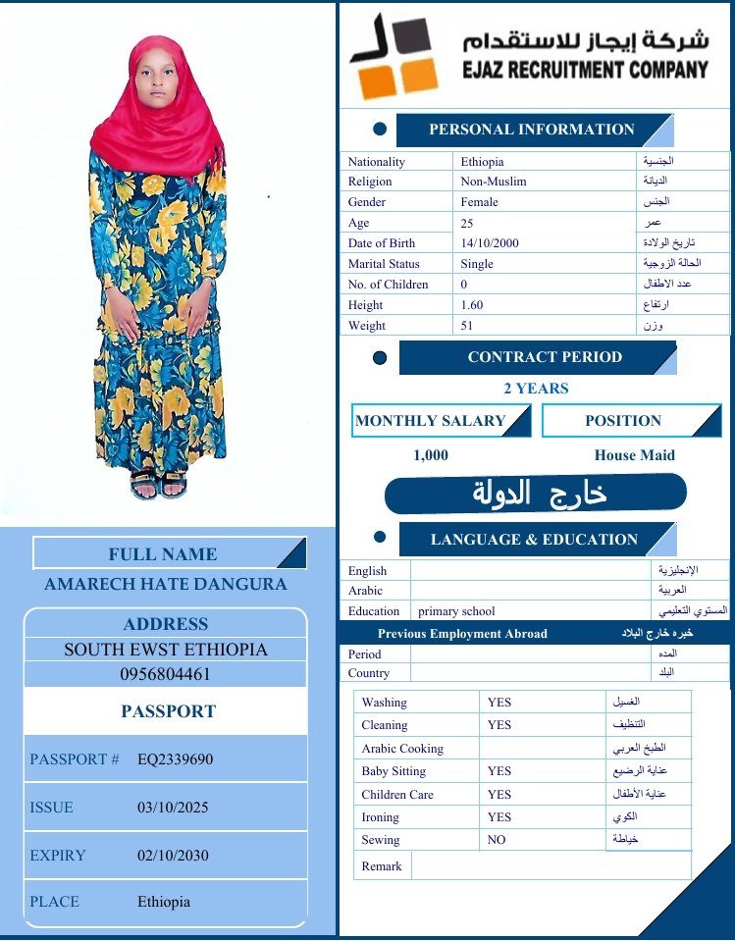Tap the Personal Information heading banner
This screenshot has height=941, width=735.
531,130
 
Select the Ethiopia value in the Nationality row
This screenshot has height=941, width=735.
482,162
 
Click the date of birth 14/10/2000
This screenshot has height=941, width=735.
492,243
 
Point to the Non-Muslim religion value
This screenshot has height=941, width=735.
494,182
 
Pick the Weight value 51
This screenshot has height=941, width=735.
467,326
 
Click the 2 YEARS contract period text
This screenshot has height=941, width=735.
536,389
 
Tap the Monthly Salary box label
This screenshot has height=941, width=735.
430,421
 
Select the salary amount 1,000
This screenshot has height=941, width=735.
431,455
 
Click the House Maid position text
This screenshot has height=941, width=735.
634,455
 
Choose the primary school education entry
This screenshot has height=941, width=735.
456,611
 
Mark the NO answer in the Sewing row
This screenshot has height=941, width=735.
497,841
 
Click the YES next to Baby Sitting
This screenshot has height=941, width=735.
499,772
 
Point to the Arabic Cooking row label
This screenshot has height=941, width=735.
402,749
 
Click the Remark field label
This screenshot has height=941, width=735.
382,866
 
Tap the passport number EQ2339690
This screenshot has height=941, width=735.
176,759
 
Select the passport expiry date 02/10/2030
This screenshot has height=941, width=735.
173,856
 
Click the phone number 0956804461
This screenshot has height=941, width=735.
166,675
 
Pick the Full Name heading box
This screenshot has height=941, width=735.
163,554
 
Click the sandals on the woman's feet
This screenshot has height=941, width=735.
158,484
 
